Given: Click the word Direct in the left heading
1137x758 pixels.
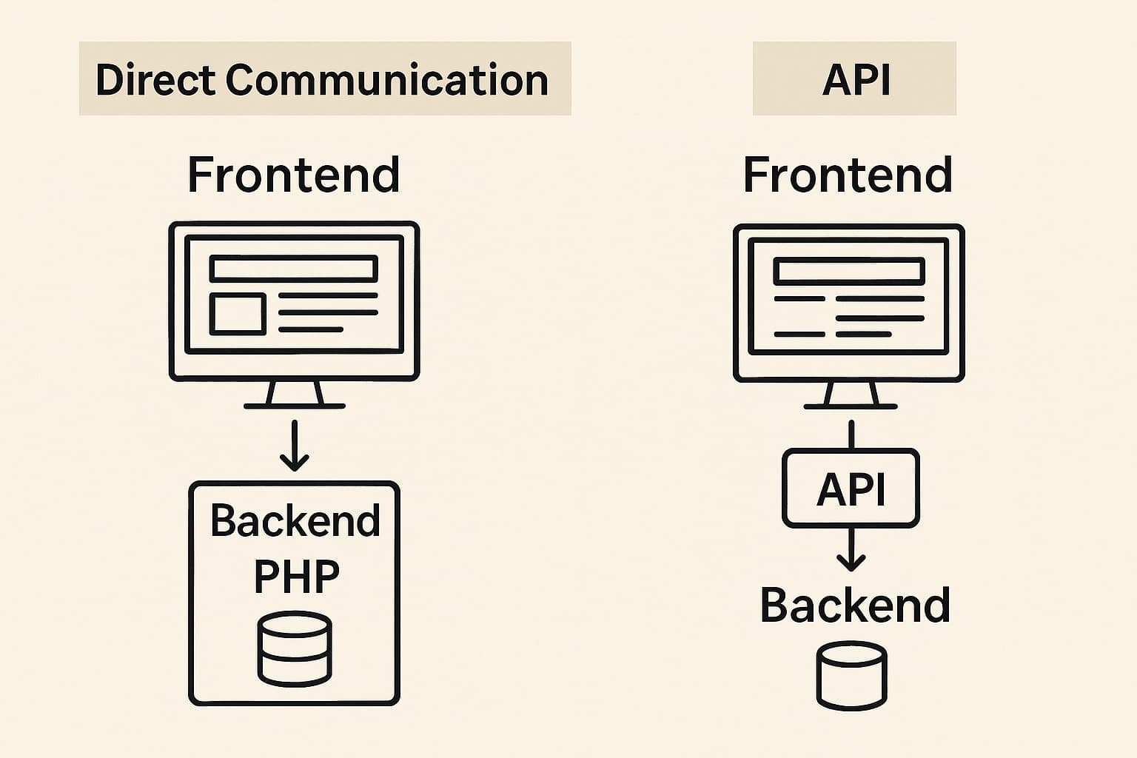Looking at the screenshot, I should pos(155,80).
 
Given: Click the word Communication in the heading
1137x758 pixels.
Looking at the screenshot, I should pos(386,80).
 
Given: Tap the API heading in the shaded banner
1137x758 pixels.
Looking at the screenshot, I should pos(856,80).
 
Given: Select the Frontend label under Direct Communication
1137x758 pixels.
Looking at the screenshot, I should pos(294,175).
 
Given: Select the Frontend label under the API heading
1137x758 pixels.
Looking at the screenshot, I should pos(848,175).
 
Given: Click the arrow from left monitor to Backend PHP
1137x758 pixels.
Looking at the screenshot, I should pos(295,446).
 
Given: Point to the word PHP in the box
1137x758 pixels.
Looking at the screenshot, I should pos(296,576).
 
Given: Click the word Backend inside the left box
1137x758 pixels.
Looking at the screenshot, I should pos(295,520).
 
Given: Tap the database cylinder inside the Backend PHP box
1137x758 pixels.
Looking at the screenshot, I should pos(295,648).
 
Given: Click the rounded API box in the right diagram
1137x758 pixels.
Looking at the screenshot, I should pos(851,489).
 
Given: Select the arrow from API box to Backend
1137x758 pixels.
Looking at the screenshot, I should pos(851,549).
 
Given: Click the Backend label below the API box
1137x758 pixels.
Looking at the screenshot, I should pos(855,606).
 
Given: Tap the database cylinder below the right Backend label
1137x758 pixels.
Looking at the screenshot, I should pos(851,676).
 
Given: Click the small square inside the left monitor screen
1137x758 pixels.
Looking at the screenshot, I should pos(238,314).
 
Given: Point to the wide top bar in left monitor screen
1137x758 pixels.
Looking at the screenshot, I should pos(294,269).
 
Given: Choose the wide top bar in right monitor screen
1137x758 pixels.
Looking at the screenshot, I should pos(849,272).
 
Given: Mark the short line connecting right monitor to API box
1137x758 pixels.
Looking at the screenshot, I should pos(851,435).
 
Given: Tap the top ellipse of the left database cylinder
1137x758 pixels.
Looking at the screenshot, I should pos(295,625).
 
